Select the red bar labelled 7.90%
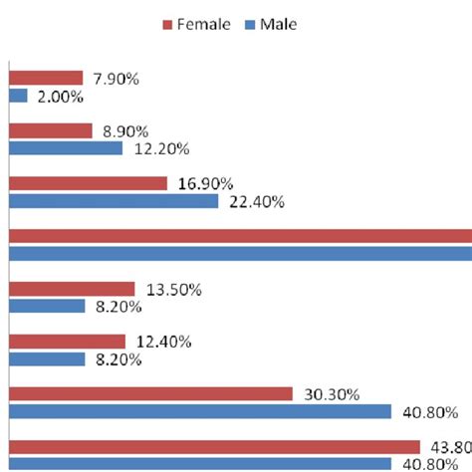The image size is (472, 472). pyautogui.click(x=46, y=78)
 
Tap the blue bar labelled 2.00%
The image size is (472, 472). pyautogui.click(x=18, y=97)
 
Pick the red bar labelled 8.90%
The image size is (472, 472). pyautogui.click(x=50, y=130)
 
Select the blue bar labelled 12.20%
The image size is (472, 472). pyautogui.click(x=66, y=148)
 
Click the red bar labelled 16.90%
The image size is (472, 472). pyautogui.click(x=88, y=183)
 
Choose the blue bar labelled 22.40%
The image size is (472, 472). pyautogui.click(x=114, y=201)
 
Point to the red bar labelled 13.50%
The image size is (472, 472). pyautogui.click(x=72, y=289)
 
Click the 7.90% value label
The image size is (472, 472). pyautogui.click(x=116, y=78)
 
